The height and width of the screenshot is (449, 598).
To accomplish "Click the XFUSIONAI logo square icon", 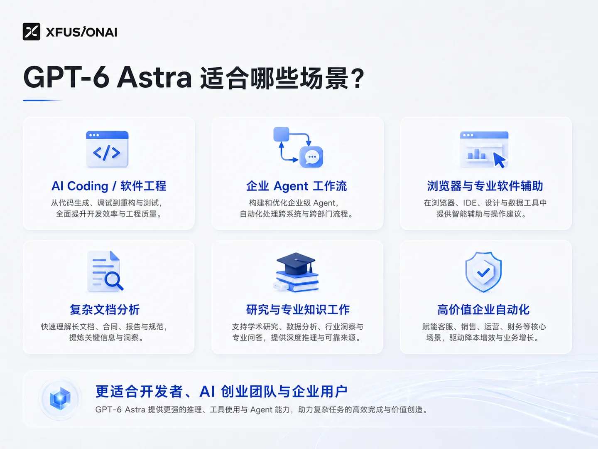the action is pyautogui.click(x=31, y=32).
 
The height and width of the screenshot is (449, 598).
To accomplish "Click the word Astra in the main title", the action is pyautogui.click(x=154, y=77).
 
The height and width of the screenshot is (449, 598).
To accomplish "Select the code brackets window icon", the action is pyautogui.click(x=107, y=149).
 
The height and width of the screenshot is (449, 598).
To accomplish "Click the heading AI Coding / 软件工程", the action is pyautogui.click(x=109, y=186).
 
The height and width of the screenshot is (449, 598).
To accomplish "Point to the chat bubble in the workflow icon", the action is pyautogui.click(x=311, y=157).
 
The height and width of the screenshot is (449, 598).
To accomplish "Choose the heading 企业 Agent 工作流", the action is pyautogui.click(x=297, y=186).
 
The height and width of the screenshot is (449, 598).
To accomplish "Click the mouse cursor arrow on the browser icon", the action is pyautogui.click(x=499, y=160).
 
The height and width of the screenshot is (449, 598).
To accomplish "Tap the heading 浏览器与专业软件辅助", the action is pyautogui.click(x=485, y=186).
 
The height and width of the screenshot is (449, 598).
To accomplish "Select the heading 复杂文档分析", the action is pyautogui.click(x=105, y=310).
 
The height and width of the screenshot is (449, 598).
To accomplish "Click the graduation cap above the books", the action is pyautogui.click(x=296, y=263).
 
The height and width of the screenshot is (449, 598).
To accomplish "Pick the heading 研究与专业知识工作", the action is pyautogui.click(x=298, y=310).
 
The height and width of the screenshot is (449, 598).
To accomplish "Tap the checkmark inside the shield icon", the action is pyautogui.click(x=483, y=272).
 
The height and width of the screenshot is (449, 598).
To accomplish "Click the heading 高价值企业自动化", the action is pyautogui.click(x=483, y=310).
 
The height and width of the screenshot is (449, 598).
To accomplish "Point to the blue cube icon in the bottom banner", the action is pyautogui.click(x=60, y=399).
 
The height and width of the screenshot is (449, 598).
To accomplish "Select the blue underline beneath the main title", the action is pyautogui.click(x=42, y=100).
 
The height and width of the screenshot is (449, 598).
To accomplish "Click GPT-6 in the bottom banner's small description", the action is pyautogui.click(x=108, y=410).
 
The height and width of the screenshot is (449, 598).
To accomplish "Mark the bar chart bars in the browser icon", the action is pyautogui.click(x=476, y=154).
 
